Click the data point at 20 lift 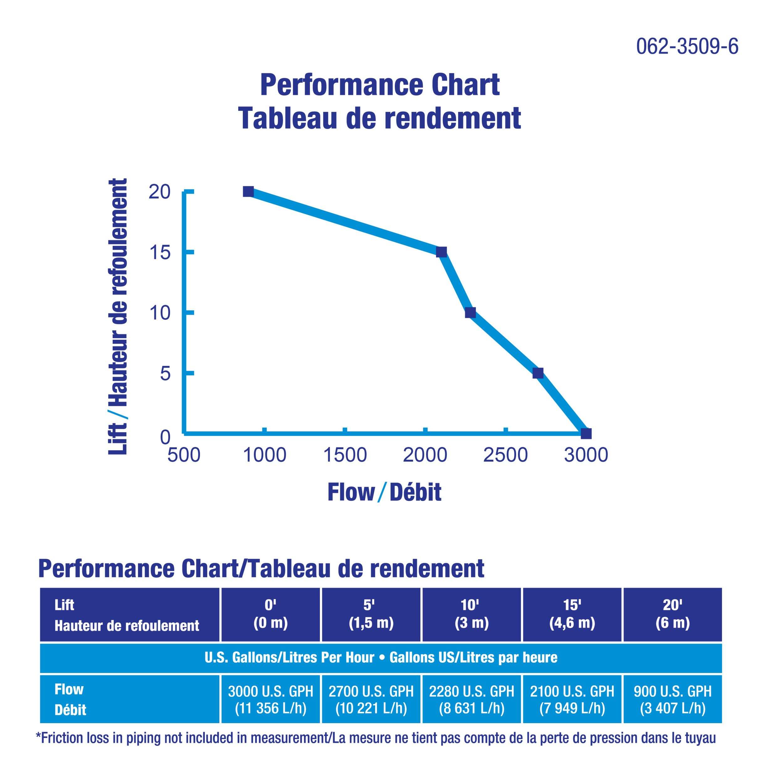[248, 192]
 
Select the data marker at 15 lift [441, 252]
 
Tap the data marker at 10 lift [470, 313]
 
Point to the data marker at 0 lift [586, 434]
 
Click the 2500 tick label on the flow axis [505, 455]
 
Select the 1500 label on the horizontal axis [345, 455]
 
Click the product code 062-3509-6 [687, 47]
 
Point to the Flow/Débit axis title [384, 492]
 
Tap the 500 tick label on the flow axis [184, 455]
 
